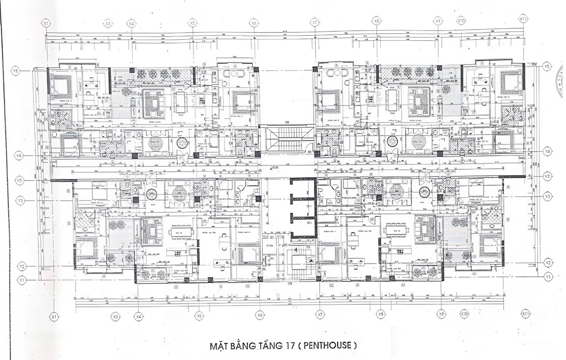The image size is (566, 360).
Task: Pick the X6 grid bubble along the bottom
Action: [260, 315]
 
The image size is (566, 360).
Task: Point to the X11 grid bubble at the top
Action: [523, 19]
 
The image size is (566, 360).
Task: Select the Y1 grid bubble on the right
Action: [549, 276]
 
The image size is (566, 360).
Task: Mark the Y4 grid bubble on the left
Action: [19, 156]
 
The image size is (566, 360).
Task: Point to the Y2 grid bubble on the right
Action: [549, 263]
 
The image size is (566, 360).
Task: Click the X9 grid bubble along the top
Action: [438, 20]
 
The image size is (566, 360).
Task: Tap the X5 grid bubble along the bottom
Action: [199, 316]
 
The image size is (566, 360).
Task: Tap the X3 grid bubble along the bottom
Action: [115, 317]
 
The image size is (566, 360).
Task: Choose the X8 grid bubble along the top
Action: [376, 20]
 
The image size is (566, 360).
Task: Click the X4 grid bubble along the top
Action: [131, 23]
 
